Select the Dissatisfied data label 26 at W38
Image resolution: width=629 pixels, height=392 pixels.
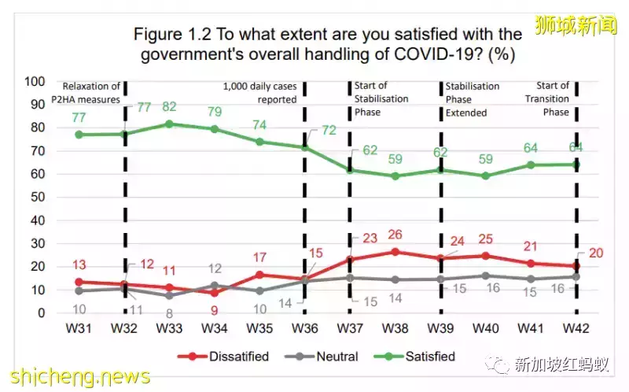pyautogui.click(x=395, y=235)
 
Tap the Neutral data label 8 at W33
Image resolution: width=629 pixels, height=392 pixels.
pyautogui.click(x=169, y=312)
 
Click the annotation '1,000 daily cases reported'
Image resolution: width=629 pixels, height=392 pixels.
pyautogui.click(x=260, y=93)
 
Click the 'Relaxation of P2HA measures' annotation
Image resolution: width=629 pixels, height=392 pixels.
pyautogui.click(x=91, y=92)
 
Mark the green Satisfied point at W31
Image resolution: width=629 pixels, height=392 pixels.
pyautogui.click(x=79, y=135)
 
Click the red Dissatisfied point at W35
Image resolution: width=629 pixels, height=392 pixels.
pyautogui.click(x=259, y=275)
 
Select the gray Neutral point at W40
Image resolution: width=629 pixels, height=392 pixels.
pyautogui.click(x=485, y=276)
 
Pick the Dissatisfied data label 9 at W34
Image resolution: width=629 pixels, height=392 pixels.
pyautogui.click(x=214, y=311)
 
